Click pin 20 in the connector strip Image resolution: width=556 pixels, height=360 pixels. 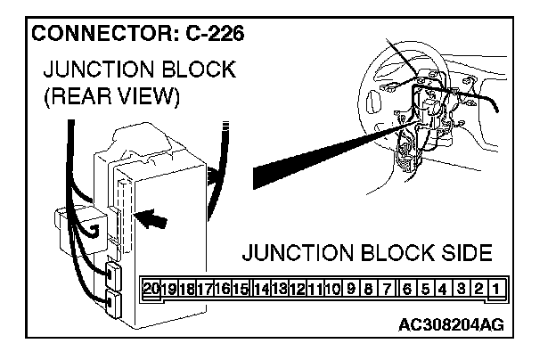(151, 289)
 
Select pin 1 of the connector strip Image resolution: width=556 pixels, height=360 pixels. (493, 289)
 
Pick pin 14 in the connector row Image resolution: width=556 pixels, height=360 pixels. (261, 289)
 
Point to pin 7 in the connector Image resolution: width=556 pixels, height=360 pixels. (388, 289)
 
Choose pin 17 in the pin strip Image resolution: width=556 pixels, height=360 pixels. (205, 289)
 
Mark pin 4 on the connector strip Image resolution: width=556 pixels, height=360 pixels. (443, 289)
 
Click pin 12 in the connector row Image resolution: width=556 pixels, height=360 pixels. (297, 289)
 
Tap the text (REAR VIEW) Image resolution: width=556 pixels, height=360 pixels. (111, 96)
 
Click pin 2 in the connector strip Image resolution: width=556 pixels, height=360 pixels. (478, 289)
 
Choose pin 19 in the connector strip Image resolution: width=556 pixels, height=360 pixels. (169, 289)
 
